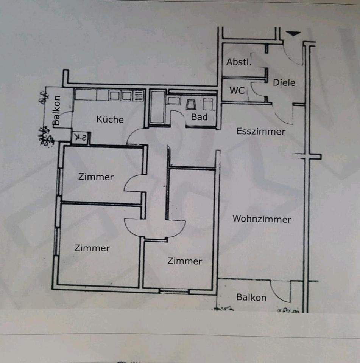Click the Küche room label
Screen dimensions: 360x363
point(110,119)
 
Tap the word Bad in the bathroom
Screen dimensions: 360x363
point(199,117)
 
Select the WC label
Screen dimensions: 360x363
point(237,91)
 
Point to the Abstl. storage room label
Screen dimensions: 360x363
point(239,62)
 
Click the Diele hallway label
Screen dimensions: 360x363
point(284,82)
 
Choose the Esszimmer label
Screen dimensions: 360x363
point(261,132)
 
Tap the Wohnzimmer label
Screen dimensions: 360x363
point(262,219)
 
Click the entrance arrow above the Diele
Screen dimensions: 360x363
point(293,34)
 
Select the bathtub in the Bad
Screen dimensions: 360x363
point(157,107)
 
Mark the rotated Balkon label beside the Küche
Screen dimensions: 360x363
point(56,110)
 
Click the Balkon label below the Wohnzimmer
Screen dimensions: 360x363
point(251,298)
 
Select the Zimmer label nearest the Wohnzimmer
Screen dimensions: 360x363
point(185,261)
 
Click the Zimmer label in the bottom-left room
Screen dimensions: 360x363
point(92,248)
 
